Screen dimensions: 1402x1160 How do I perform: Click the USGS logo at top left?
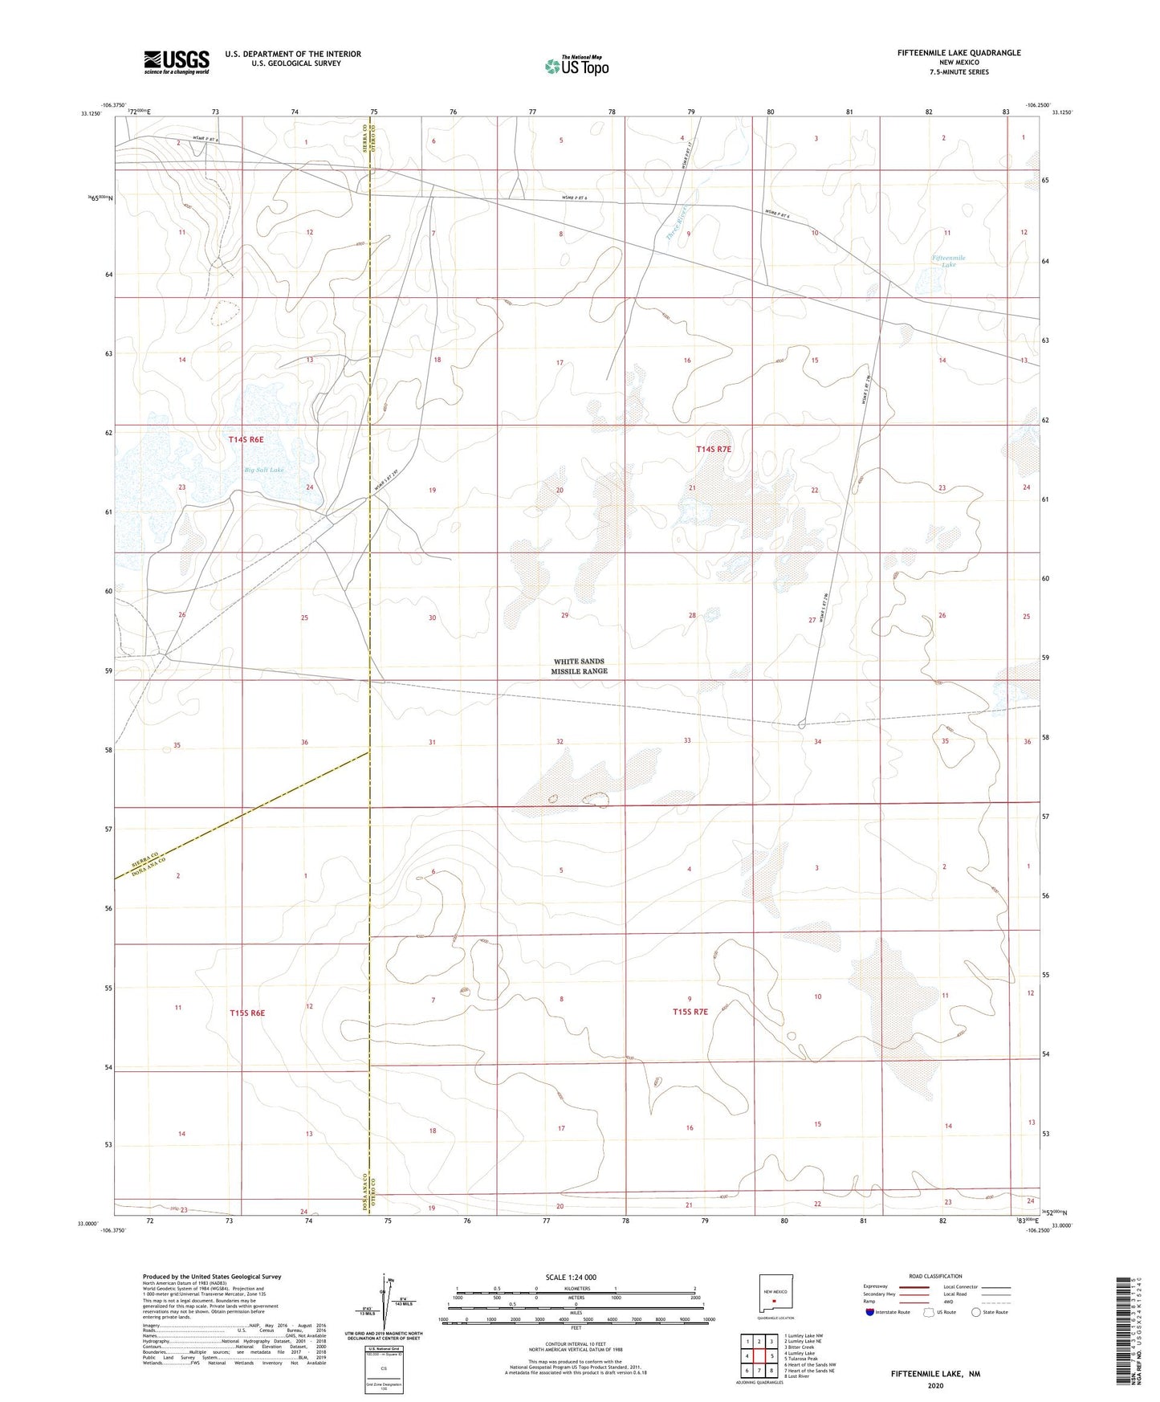177,62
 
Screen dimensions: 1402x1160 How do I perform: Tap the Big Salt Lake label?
264,470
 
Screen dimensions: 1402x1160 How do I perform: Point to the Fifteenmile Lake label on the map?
949,261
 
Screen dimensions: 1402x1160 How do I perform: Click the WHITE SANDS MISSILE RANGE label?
580,666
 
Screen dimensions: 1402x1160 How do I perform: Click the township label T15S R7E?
690,1012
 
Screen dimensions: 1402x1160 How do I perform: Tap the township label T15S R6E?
246,1013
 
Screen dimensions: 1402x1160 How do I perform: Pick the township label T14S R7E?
714,450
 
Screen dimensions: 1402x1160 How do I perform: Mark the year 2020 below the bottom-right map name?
934,1386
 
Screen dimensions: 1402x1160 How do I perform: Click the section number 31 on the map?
432,742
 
